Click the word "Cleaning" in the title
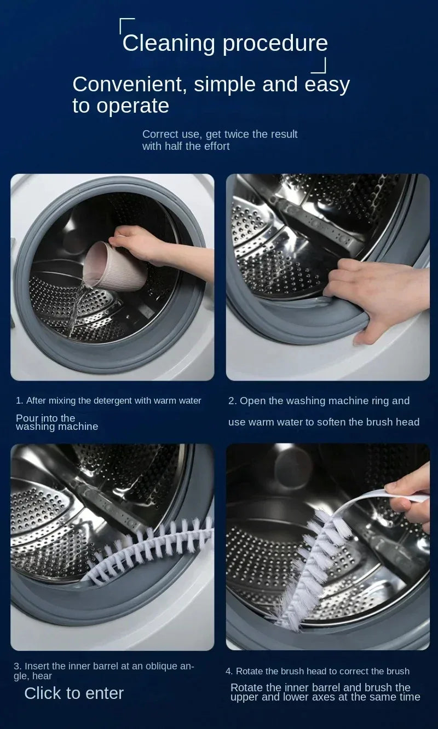[169, 43]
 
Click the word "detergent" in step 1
[113, 401]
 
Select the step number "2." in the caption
[232, 401]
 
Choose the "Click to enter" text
[74, 693]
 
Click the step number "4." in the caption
[229, 671]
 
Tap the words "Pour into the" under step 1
[45, 417]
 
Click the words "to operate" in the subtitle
[120, 106]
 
